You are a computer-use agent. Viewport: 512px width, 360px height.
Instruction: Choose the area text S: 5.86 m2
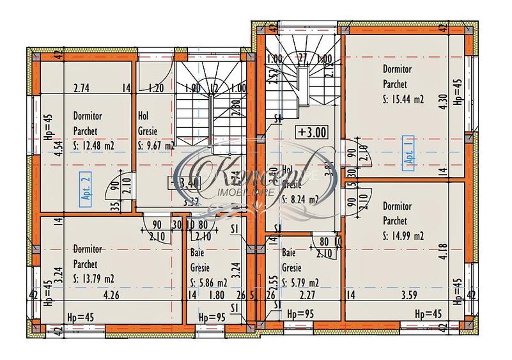208,283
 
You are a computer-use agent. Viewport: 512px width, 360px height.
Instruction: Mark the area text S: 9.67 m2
156,145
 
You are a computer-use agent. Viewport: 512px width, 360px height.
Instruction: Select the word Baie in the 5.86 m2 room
197,253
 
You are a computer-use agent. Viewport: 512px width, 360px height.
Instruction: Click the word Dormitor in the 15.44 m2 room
397,68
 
